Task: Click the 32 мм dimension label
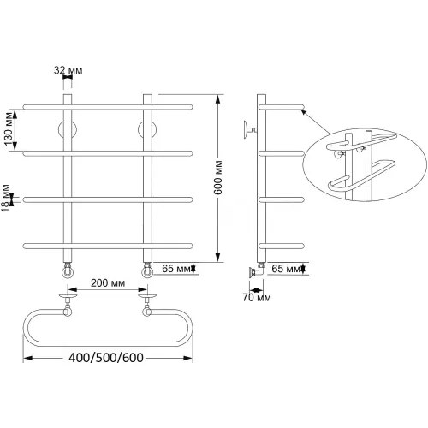[68, 70]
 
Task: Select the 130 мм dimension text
[9, 128]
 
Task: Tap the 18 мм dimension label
[5, 198]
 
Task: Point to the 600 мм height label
[218, 177]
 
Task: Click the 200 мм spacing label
[108, 283]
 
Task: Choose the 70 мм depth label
[257, 298]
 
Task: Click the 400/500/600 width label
[106, 358]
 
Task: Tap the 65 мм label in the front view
[176, 269]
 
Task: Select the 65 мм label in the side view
[286, 269]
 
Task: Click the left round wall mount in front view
[68, 129]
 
